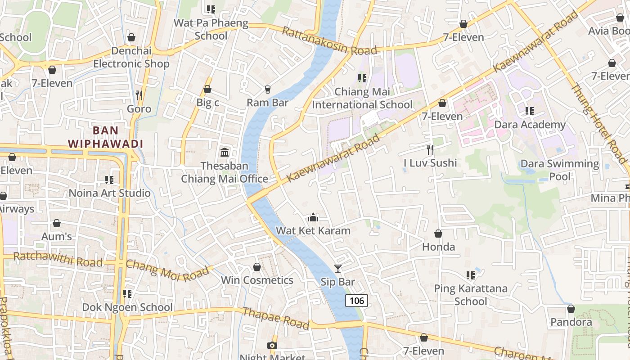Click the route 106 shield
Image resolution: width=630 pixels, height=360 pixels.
356,301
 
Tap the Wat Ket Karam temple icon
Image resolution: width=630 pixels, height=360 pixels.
313,218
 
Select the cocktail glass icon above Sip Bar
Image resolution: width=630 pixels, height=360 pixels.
338,269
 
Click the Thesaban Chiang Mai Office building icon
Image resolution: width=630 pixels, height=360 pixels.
224,153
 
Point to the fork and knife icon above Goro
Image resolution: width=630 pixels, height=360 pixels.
139,95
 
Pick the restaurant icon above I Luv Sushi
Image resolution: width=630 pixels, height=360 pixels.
430,149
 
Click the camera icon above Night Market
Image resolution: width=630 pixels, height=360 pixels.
272,345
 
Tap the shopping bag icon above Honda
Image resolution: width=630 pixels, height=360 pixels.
438,234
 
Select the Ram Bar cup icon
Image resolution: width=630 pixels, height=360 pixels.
267,90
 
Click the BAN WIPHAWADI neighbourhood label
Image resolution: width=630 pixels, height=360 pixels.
105,137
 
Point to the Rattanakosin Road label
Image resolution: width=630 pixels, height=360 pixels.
329,41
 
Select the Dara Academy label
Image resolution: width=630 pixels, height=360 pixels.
530,125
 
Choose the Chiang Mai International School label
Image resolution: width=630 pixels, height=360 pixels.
362,98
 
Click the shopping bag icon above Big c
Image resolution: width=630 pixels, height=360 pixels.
207,90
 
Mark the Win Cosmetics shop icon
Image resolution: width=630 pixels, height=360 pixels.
257,267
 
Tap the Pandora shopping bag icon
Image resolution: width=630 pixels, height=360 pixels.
571,309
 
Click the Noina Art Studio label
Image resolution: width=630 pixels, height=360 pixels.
109,193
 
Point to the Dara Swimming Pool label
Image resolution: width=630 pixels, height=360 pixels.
560,170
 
